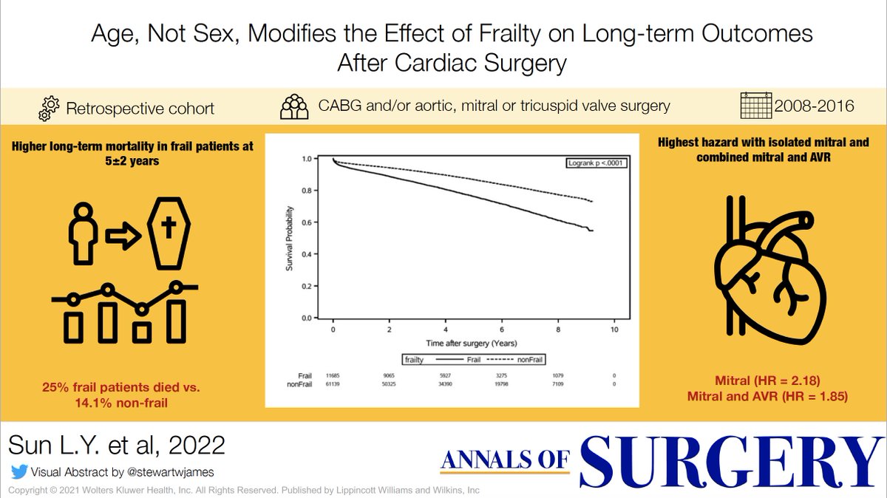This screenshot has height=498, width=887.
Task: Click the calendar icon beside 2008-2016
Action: (755, 106)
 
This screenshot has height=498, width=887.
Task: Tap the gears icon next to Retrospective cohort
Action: (47, 108)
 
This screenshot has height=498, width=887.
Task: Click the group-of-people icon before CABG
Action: (294, 107)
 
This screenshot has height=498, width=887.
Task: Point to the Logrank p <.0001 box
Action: (597, 162)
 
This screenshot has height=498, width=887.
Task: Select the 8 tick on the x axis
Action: (558, 329)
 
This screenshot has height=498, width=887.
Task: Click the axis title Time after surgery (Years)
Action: (471, 344)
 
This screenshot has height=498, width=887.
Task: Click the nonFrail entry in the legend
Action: (512, 360)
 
